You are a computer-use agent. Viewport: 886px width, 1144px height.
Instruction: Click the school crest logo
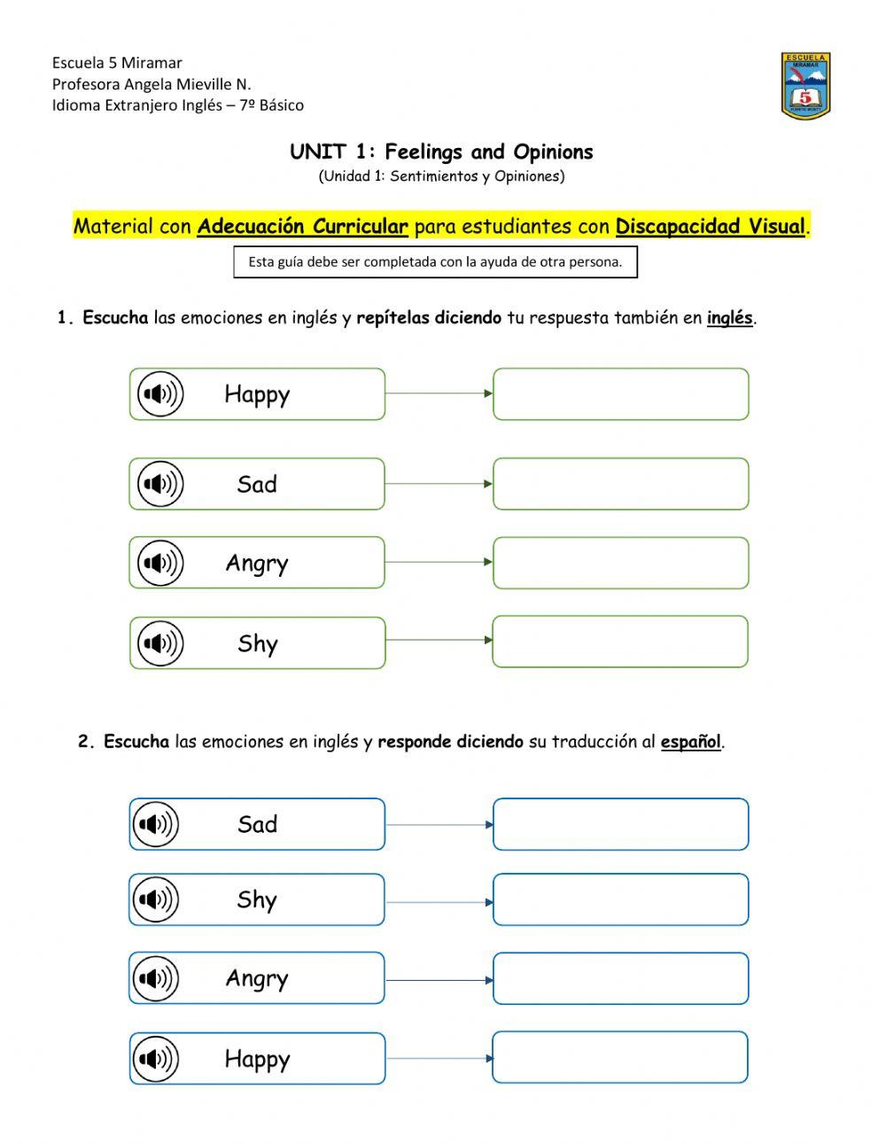coord(805,85)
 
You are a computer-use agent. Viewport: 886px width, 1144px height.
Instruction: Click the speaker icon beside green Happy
coord(160,393)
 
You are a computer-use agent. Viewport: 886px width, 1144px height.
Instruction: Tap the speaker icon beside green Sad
coord(160,484)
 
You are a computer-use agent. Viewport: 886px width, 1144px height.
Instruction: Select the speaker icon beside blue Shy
coord(156,899)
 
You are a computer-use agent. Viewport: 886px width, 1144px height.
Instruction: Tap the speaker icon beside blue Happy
coord(157,1058)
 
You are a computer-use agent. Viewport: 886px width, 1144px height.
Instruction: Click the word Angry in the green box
coord(257,564)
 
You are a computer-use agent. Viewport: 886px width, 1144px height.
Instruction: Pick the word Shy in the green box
coord(258,643)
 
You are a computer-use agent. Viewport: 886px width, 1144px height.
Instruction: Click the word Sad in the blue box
coord(257,824)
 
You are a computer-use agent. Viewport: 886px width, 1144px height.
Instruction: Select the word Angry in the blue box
coord(257,978)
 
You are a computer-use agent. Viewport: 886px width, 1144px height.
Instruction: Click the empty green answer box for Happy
coord(620,393)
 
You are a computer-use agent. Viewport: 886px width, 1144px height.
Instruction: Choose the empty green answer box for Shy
coord(620,642)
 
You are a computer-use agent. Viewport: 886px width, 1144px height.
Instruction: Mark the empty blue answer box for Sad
coord(620,824)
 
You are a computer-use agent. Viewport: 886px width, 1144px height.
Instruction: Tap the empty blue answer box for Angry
coord(620,978)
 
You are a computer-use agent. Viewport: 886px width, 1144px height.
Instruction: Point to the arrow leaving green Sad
coord(439,484)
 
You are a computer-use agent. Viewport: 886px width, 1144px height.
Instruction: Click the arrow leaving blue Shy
coord(439,902)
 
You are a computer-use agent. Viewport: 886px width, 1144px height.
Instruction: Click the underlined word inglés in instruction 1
coord(729,318)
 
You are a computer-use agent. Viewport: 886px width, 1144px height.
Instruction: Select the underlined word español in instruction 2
coord(690,742)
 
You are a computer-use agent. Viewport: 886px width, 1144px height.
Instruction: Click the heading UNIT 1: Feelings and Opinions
coord(441,152)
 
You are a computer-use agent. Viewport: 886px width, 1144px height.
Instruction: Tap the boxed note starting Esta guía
coord(435,262)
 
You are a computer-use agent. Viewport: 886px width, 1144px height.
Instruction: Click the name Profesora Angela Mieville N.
coord(152,84)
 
